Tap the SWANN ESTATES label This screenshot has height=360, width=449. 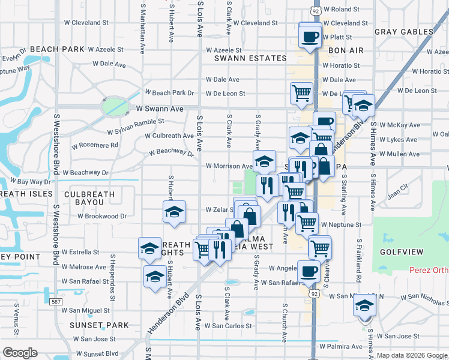251,58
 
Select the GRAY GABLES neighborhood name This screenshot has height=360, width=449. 403,32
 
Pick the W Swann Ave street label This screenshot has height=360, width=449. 159,109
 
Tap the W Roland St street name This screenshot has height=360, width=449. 340,10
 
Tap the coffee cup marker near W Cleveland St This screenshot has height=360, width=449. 310,35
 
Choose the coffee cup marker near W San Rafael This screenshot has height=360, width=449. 309,271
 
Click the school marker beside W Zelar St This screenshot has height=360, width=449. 174,212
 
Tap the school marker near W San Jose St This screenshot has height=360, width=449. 363,306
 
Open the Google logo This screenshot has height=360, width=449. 20,352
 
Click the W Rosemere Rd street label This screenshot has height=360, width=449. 95,145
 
